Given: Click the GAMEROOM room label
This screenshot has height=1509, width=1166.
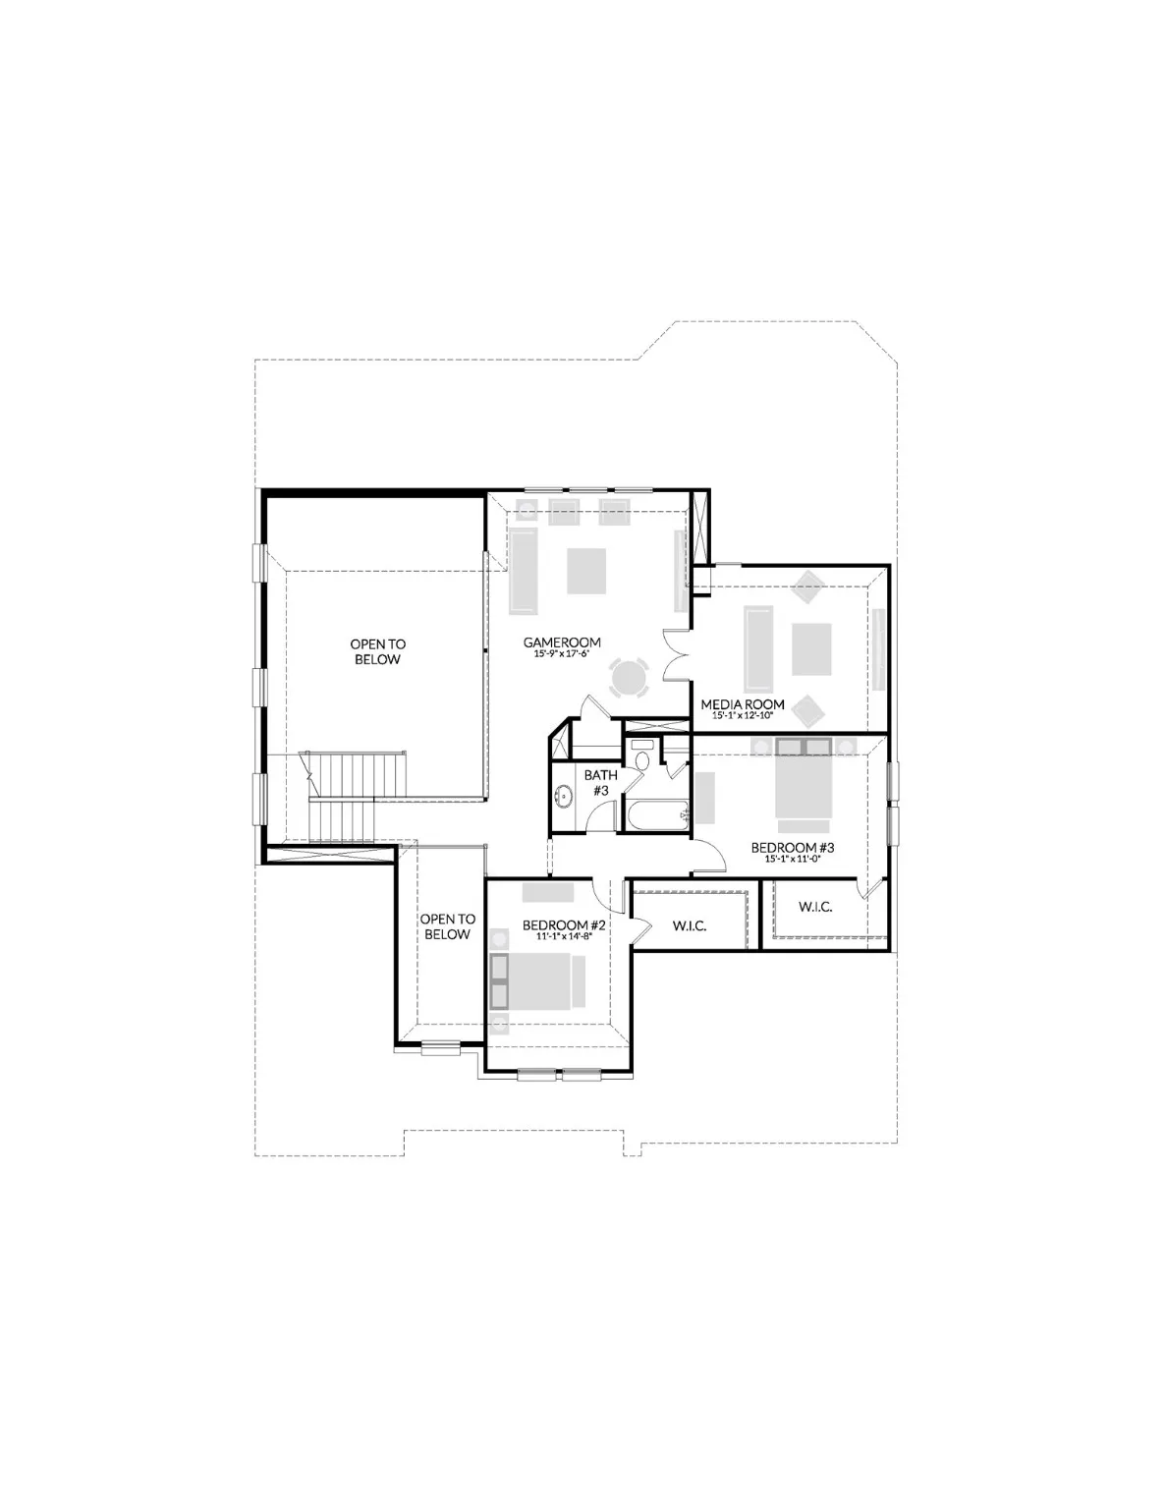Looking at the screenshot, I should tap(561, 643).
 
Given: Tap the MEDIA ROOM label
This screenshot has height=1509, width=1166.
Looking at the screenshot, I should tap(742, 704).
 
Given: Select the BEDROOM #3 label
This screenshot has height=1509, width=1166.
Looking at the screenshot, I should tap(792, 847).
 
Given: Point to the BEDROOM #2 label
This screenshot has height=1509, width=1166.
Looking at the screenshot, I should tap(562, 925).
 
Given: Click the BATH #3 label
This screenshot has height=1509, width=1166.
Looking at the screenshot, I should tap(601, 782).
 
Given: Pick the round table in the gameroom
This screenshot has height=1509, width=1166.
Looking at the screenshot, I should tap(630, 678).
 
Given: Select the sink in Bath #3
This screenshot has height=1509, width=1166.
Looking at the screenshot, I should tap(564, 797).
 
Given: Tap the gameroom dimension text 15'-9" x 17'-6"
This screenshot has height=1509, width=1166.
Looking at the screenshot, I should tap(561, 654).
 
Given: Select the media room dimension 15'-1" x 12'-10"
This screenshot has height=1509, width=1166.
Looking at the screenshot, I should tap(742, 716).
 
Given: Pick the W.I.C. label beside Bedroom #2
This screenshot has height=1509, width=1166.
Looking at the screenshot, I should tap(690, 925).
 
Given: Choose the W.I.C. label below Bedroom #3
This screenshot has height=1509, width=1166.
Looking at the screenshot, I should tap(815, 907).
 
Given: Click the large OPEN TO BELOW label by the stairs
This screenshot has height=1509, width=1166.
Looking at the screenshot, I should tap(377, 651).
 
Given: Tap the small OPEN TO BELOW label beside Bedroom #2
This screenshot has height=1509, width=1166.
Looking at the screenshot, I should tap(447, 926).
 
